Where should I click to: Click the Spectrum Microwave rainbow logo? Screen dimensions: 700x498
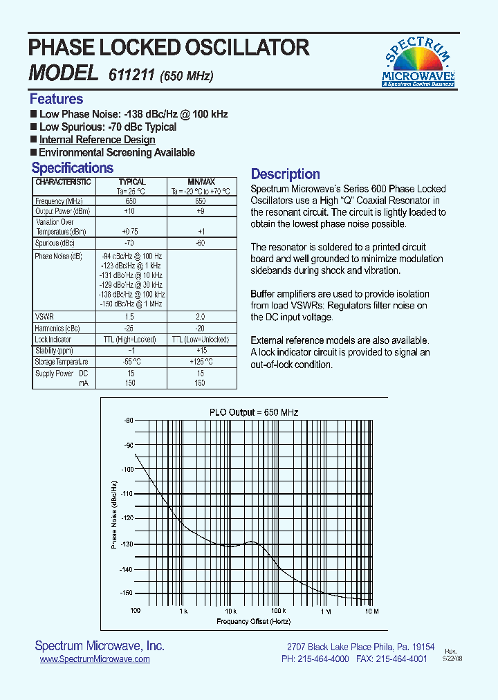(x=418, y=61)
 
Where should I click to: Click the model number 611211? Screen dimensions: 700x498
(x=131, y=75)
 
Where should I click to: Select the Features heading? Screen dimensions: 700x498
(x=56, y=99)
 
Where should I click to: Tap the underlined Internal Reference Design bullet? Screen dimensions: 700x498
(x=97, y=140)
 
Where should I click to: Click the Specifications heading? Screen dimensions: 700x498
(x=72, y=168)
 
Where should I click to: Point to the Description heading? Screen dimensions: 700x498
(x=285, y=174)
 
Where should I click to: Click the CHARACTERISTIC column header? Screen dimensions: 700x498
(x=63, y=182)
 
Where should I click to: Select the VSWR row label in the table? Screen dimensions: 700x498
(x=44, y=316)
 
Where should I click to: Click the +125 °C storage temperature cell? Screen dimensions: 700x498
(x=200, y=362)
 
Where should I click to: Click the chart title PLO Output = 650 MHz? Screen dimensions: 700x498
(x=254, y=412)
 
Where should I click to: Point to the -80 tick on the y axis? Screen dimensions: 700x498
(x=128, y=421)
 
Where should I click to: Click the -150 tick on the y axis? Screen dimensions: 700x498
(x=127, y=593)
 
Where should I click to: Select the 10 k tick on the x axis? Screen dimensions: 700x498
(x=230, y=611)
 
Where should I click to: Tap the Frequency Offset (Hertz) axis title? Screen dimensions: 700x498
(x=254, y=621)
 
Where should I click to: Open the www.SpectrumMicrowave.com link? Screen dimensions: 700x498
(x=95, y=660)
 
